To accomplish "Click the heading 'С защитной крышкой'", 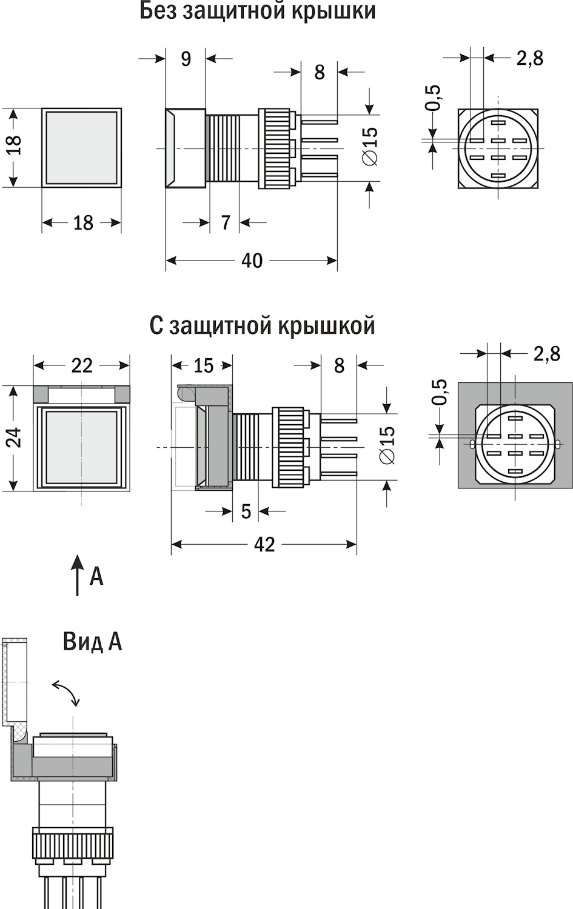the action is (x=263, y=325).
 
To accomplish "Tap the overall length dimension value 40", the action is (x=252, y=261).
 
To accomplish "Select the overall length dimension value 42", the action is (x=264, y=544).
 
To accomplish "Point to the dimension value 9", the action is (x=186, y=59).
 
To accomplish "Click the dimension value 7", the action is (x=226, y=222).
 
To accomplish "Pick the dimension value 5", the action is (x=246, y=511).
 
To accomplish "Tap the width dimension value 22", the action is (x=82, y=365).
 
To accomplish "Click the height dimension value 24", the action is (x=15, y=438).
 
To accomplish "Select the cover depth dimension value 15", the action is (x=203, y=365).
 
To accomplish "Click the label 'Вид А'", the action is (x=92, y=642).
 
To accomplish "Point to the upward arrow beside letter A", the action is (x=77, y=575).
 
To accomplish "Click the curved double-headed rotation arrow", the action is (x=67, y=692).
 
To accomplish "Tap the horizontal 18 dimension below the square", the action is (x=83, y=223).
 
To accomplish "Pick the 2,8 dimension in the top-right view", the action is (x=529, y=58).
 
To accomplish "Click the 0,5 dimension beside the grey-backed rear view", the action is (x=438, y=391).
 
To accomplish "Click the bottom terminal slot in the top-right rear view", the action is (x=498, y=176).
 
